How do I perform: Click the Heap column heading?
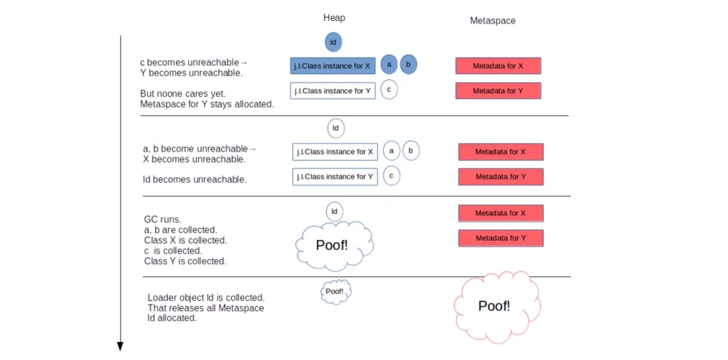point(334,18)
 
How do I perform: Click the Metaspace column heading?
point(492,21)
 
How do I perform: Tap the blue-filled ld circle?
point(332,42)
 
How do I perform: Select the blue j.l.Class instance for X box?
point(332,66)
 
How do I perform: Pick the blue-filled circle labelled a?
point(388,64)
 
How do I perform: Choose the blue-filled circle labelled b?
point(408,64)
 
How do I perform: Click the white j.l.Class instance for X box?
point(335,152)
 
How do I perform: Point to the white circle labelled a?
point(392,151)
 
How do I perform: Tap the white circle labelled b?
point(411,151)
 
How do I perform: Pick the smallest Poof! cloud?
point(335,292)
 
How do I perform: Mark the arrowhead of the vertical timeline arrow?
point(120,347)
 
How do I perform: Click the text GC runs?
point(162,219)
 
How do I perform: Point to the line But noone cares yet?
point(183,94)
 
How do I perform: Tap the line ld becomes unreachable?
point(195,180)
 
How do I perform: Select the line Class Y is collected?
point(185,261)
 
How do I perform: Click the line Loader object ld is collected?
point(206,297)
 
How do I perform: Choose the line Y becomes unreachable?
point(191,73)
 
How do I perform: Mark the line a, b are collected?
point(181,230)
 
